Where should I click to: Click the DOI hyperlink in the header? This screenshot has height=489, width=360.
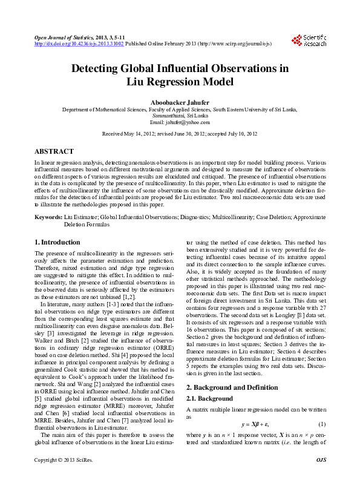coord(79,44)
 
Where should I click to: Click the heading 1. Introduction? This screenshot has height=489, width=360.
coord(57,243)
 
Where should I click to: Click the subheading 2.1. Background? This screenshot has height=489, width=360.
coord(209,399)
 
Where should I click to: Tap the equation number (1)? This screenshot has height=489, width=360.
coord(322,422)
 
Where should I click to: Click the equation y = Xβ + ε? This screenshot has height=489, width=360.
coord(256,422)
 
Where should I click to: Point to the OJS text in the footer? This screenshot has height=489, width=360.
coord(320,478)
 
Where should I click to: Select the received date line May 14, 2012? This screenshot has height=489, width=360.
coord(180,133)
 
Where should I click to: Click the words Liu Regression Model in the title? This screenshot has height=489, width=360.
coord(180,82)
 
